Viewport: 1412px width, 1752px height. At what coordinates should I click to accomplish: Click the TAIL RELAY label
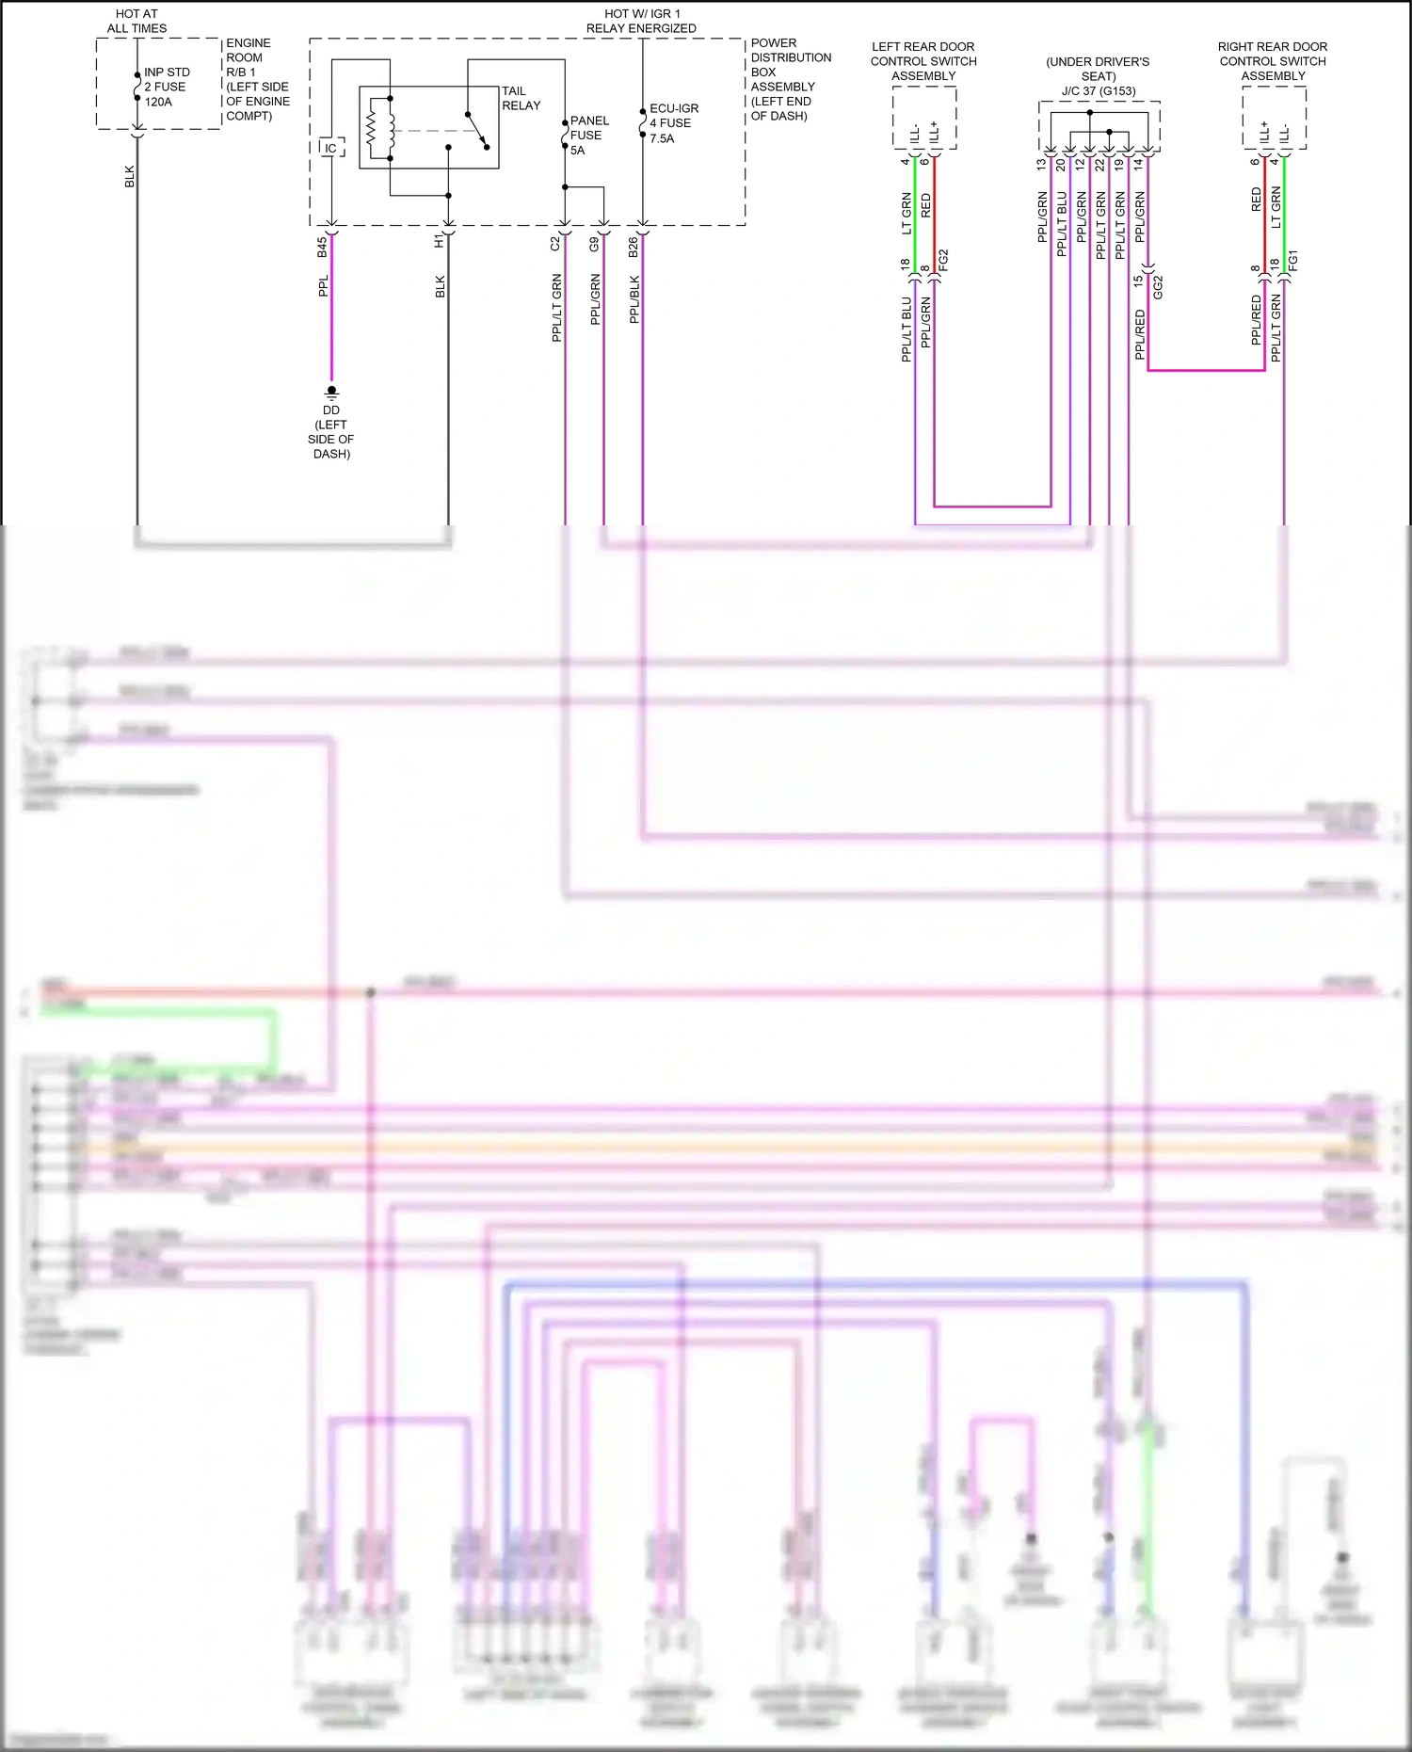(x=521, y=98)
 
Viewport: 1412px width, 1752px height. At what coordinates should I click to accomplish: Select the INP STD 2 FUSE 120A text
(x=166, y=87)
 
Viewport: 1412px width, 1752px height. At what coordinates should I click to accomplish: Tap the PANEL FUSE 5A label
(x=589, y=135)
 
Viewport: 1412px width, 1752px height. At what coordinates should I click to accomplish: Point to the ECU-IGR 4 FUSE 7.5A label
(x=673, y=123)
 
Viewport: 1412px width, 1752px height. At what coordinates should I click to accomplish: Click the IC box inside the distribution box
(x=330, y=148)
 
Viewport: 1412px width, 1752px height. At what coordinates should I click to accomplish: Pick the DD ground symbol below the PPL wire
(x=331, y=391)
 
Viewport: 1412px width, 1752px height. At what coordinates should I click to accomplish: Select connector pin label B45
(x=322, y=247)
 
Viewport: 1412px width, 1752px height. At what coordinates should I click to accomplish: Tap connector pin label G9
(x=594, y=244)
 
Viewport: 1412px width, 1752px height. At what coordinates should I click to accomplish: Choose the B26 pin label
(x=634, y=247)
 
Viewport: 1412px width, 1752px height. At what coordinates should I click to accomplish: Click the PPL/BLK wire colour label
(x=634, y=299)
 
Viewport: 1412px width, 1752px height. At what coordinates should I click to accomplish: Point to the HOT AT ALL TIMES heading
(x=136, y=21)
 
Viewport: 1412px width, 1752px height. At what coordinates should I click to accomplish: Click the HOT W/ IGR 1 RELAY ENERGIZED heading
(x=641, y=21)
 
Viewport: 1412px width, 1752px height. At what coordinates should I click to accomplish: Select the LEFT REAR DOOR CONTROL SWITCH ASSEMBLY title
(x=923, y=61)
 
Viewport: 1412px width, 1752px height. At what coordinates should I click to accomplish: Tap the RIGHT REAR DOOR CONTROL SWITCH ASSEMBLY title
(x=1272, y=61)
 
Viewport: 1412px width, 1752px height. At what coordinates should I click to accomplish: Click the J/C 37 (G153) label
(x=1099, y=91)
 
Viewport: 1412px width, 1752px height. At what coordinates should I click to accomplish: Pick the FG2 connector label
(x=943, y=261)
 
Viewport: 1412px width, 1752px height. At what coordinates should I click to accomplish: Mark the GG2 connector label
(x=1158, y=287)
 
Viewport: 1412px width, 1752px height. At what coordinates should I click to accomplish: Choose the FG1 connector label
(x=1293, y=260)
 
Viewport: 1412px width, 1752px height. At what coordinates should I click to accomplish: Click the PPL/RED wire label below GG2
(x=1140, y=334)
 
